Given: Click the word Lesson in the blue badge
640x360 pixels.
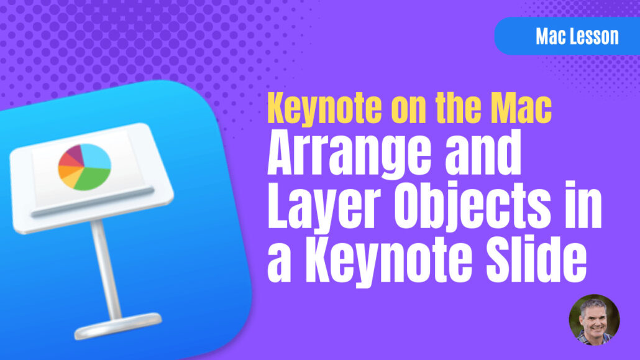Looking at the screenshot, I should point(595,36).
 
